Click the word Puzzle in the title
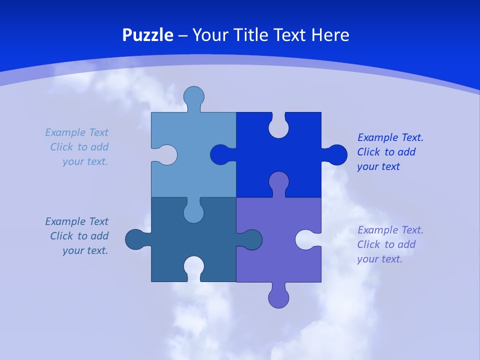(x=147, y=35)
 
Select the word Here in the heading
(x=330, y=35)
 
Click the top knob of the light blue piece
(x=193, y=96)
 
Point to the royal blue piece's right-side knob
(x=336, y=155)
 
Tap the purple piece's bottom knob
(x=278, y=297)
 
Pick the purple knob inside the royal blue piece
(x=278, y=182)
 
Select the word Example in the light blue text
(x=65, y=132)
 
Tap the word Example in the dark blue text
(x=65, y=221)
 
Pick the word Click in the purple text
(x=369, y=244)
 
